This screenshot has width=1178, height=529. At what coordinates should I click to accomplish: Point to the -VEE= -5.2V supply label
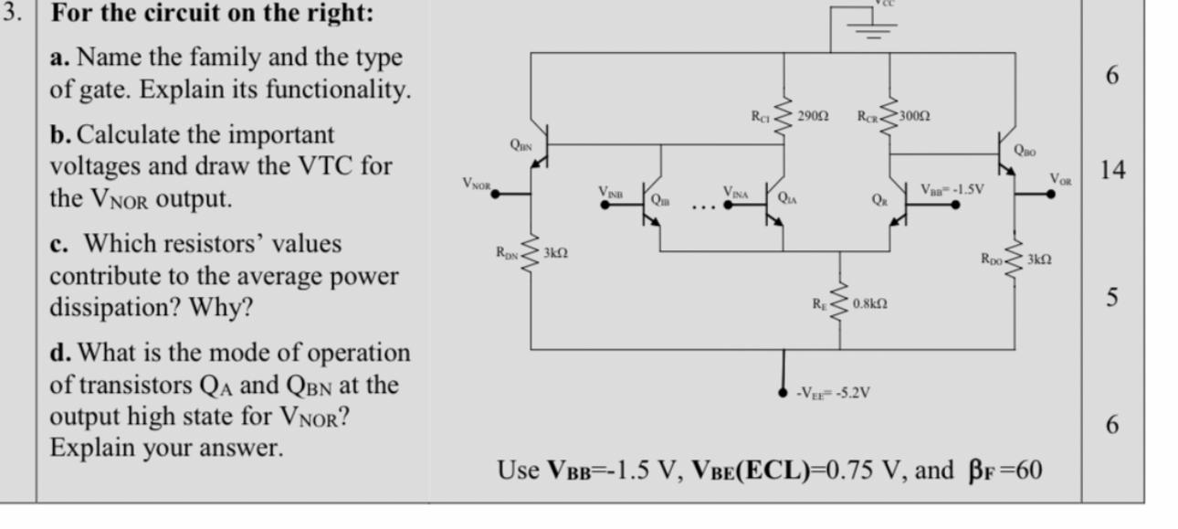[x=833, y=393]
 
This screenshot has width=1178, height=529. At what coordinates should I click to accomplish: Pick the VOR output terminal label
[x=1062, y=178]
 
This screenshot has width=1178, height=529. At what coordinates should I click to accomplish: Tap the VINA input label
[x=737, y=193]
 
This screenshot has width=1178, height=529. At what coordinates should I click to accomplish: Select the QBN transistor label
[x=521, y=144]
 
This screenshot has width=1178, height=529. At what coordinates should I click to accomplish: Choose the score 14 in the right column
[x=1111, y=170]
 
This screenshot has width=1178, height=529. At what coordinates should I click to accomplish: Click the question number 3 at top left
[x=16, y=15]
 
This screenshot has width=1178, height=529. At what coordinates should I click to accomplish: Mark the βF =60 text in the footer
[x=1004, y=471]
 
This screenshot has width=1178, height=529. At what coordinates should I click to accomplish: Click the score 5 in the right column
[x=1111, y=298]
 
